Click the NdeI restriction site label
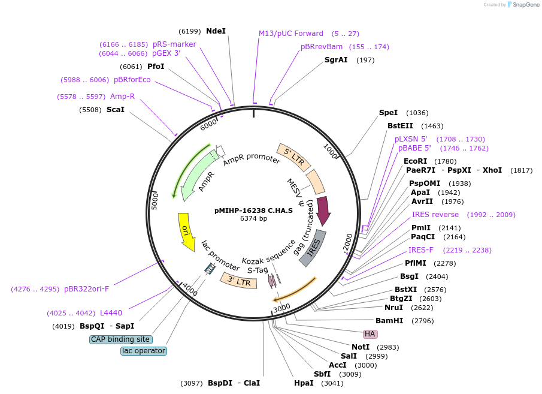pyautogui.click(x=216, y=31)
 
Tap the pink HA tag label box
pyautogui.click(x=370, y=334)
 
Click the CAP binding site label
pyautogui.click(x=120, y=339)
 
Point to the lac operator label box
pyautogui.click(x=144, y=351)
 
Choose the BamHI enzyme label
pyautogui.click(x=389, y=321)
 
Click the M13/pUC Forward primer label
pyautogui.click(x=291, y=34)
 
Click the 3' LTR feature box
pyautogui.click(x=239, y=281)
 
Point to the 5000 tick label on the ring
pyautogui.click(x=155, y=201)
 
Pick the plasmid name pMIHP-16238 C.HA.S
pyautogui.click(x=253, y=210)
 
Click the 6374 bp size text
pyautogui.click(x=253, y=218)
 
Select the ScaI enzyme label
pyautogui.click(x=116, y=110)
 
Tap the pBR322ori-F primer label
pyautogui.click(x=86, y=288)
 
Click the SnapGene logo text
pyautogui.click(x=526, y=5)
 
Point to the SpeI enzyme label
pyautogui.click(x=388, y=113)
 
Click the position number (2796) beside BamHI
pyautogui.click(x=422, y=321)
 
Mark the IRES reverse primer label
pyautogui.click(x=435, y=215)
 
